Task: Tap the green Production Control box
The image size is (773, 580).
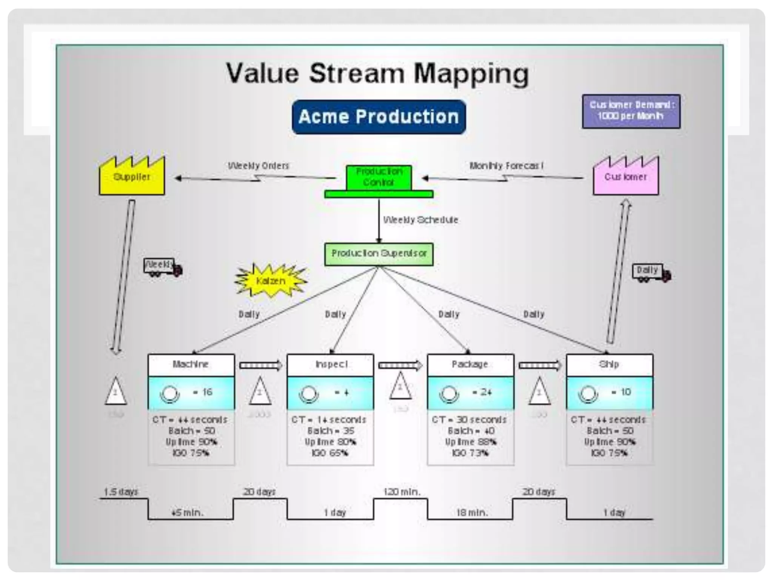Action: pyautogui.click(x=379, y=178)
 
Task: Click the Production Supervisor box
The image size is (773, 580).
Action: pyautogui.click(x=379, y=254)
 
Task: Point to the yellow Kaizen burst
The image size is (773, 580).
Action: pyautogui.click(x=271, y=281)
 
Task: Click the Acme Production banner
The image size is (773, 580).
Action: pyautogui.click(x=379, y=117)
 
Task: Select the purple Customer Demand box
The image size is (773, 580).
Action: pyautogui.click(x=631, y=111)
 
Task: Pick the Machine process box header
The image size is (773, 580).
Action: pyautogui.click(x=191, y=364)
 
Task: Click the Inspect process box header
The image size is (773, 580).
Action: pyautogui.click(x=331, y=364)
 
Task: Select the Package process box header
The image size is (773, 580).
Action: pyautogui.click(x=470, y=364)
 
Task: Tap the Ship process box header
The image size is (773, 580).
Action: pyautogui.click(x=609, y=364)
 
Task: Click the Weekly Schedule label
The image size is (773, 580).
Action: pyautogui.click(x=420, y=220)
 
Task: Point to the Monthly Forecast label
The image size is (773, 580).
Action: pyautogui.click(x=506, y=166)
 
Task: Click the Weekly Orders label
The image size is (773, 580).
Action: pyautogui.click(x=259, y=166)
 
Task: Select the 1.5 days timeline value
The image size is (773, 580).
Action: pyautogui.click(x=121, y=492)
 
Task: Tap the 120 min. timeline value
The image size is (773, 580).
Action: pyautogui.click(x=402, y=492)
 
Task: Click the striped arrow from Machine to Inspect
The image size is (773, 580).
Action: pyautogui.click(x=260, y=365)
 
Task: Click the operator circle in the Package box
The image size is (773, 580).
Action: pyautogui.click(x=449, y=394)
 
